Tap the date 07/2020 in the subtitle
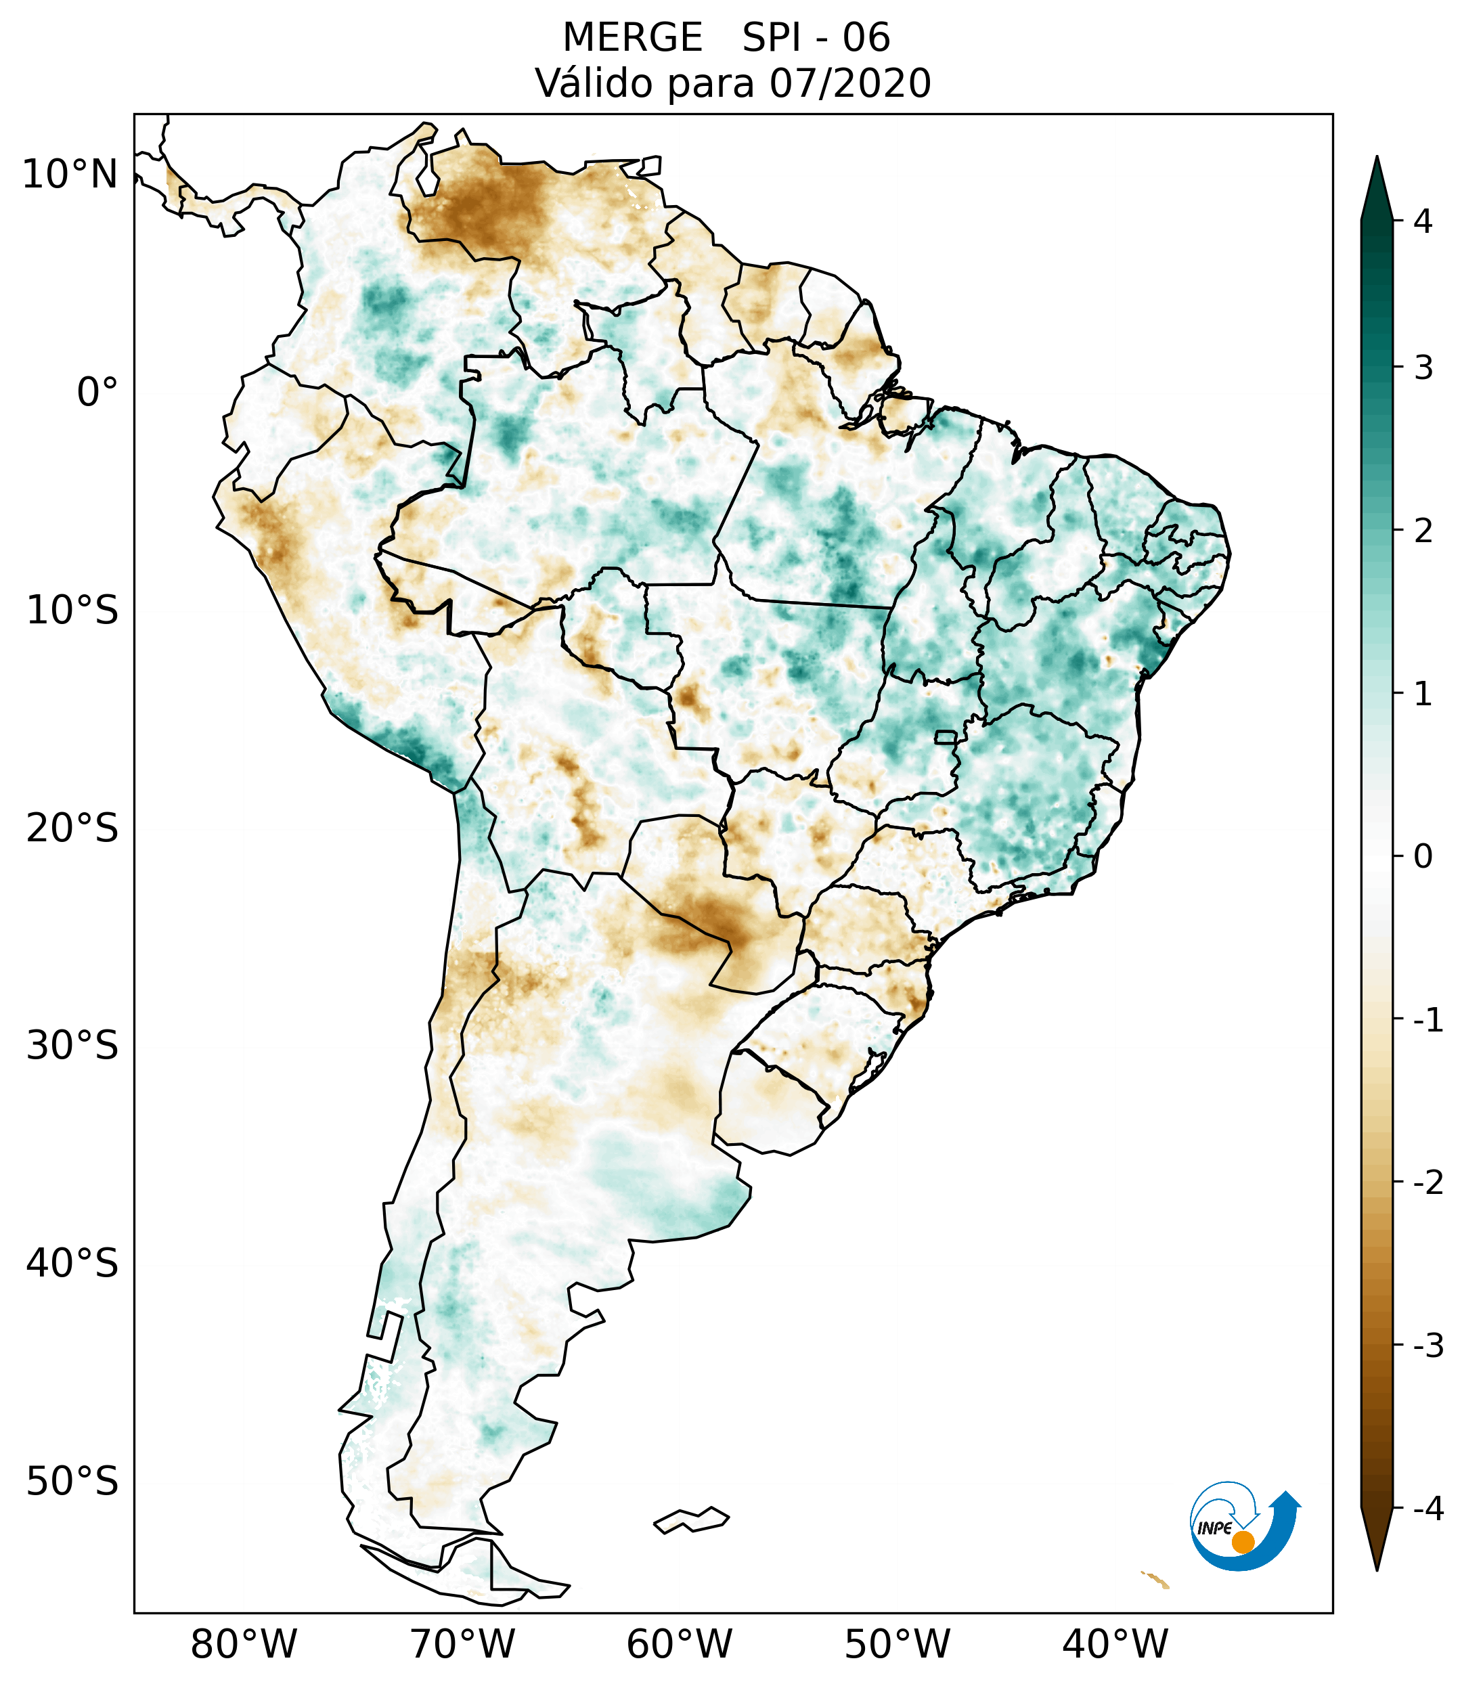coord(849,83)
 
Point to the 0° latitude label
coord(97,393)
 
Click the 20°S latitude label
coord(72,828)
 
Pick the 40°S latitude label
coord(72,1263)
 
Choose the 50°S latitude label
coord(72,1482)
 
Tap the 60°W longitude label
coord(679,1644)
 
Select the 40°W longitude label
coord(1115,1644)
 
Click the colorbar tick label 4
coord(1423,221)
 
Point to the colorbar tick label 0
coord(1423,857)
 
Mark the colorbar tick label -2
coord(1427,1183)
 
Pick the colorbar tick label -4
coord(1427,1509)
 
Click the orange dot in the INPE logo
coord(1242,1542)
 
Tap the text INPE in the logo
coord(1215,1528)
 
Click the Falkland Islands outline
coord(691,1519)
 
